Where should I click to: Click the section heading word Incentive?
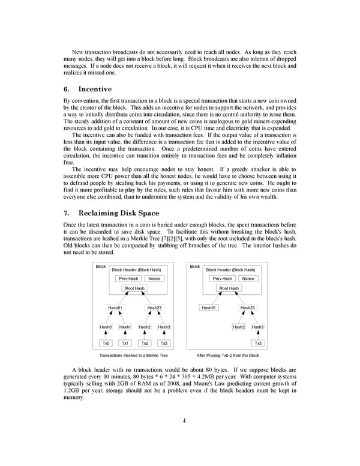coord(95,89)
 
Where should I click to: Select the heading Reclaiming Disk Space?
coord(119,213)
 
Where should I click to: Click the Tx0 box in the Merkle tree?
coord(106,343)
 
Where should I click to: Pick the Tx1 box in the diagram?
coord(125,343)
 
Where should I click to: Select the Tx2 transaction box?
coord(145,343)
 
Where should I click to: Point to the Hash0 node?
coord(106,327)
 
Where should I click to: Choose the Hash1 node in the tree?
coord(125,327)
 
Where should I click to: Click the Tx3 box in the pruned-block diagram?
coord(258,343)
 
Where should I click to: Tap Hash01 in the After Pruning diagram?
coord(209,307)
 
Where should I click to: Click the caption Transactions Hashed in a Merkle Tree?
coord(133,356)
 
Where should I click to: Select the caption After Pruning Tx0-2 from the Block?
coord(228,356)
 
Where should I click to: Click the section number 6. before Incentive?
coord(67,89)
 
